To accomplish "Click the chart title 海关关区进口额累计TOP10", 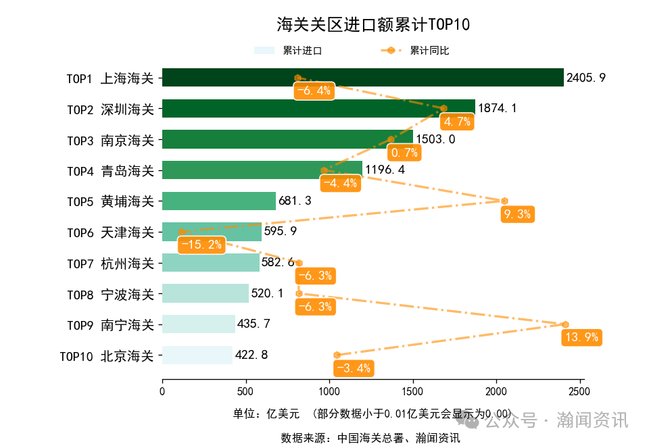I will (373, 25).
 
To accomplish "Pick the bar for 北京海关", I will (197, 355).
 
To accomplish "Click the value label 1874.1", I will (497, 108).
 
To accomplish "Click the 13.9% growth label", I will (581, 337).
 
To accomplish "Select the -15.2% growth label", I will (201, 245).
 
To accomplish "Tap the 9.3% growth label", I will (518, 214).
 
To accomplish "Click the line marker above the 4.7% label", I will (444, 108).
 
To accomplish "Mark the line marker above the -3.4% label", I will (337, 355).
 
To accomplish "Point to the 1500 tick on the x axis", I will (412, 391).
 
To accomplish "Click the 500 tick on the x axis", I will (245, 391).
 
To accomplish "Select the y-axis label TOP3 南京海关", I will (110, 140).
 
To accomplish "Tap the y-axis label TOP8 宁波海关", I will (110, 294).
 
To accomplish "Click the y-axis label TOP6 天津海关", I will (110, 232).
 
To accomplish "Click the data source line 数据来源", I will (370, 438).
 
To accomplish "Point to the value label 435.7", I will (253, 324).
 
